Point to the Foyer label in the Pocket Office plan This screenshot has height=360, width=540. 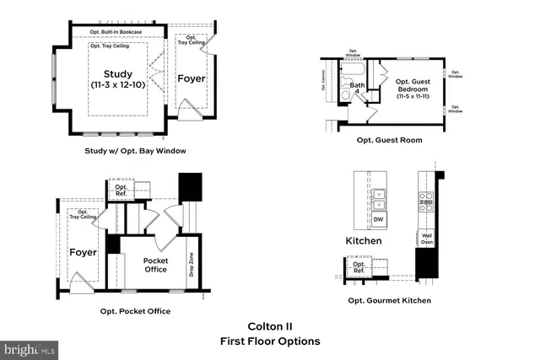(83, 252)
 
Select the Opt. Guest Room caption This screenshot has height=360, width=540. (389, 140)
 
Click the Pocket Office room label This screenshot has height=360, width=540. (156, 266)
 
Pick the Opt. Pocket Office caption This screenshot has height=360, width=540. (135, 311)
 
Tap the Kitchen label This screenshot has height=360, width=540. (364, 241)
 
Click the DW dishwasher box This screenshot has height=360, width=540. (380, 219)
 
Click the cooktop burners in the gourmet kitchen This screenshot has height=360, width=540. (426, 200)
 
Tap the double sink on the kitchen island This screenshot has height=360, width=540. (380, 198)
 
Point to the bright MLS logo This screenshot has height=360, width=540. (30, 347)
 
